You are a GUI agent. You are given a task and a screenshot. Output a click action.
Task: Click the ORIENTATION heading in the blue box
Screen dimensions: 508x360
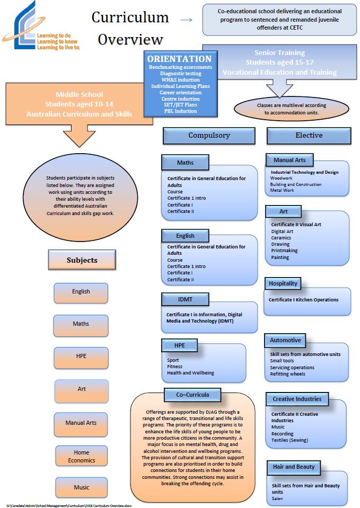click(179, 59)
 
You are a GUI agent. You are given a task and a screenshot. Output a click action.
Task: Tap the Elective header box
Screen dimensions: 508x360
click(309, 136)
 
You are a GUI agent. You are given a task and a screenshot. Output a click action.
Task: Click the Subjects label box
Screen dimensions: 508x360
click(82, 260)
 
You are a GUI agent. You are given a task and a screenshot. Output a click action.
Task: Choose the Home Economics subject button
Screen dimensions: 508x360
click(81, 457)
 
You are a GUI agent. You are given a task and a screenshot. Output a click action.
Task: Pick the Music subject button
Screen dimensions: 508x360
click(81, 487)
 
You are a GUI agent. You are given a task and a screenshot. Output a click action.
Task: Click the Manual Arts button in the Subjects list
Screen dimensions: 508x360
click(81, 423)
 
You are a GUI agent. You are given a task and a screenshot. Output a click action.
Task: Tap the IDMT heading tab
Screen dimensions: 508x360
click(185, 300)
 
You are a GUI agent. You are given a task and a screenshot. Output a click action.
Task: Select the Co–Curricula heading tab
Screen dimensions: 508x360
click(192, 395)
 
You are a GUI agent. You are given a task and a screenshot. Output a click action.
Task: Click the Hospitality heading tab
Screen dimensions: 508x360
click(283, 284)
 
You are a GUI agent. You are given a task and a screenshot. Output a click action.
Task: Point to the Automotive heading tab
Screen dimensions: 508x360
click(285, 340)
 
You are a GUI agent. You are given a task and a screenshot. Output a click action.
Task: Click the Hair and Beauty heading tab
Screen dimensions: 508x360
click(293, 467)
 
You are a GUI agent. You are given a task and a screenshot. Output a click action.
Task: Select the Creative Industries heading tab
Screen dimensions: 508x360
click(297, 399)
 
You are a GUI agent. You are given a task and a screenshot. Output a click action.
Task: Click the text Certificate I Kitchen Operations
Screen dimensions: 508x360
click(303, 300)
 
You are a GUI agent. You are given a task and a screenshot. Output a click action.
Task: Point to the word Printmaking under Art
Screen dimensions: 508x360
click(284, 251)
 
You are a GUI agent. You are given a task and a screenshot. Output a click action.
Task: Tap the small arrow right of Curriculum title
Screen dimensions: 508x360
click(186, 20)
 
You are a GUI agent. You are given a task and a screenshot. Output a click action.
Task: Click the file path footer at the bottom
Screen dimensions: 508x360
click(69, 505)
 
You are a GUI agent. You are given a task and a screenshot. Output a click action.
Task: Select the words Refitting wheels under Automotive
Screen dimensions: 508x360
click(287, 374)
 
